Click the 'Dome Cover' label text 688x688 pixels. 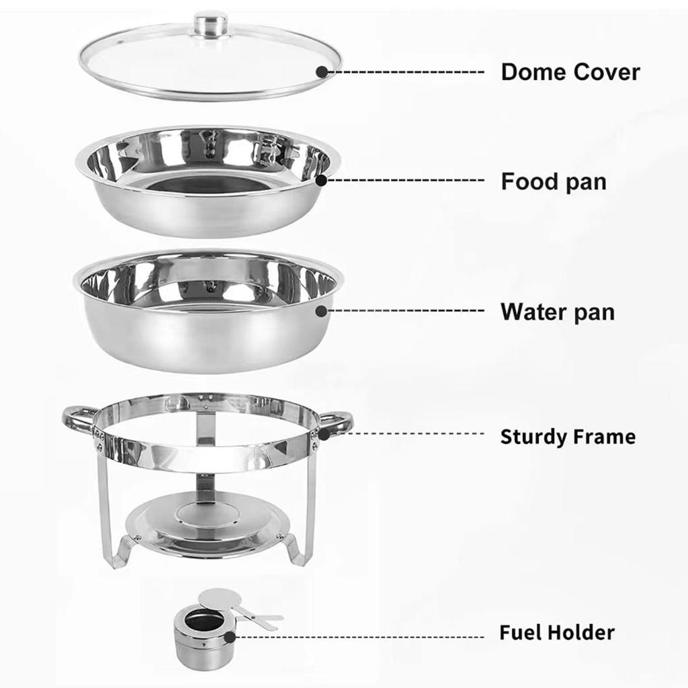point(570,72)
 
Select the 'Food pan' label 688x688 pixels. point(553,181)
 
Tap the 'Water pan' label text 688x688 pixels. point(557,312)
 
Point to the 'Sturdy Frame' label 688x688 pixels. point(567,437)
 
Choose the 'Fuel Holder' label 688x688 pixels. point(556,632)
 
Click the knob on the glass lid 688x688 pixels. point(210,23)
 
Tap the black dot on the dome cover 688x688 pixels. point(322,71)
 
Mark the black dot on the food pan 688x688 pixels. point(322,180)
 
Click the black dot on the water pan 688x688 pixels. point(321,311)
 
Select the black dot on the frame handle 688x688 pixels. point(323,435)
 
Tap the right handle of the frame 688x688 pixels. point(337,421)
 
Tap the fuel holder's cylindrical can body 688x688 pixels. point(199,642)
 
